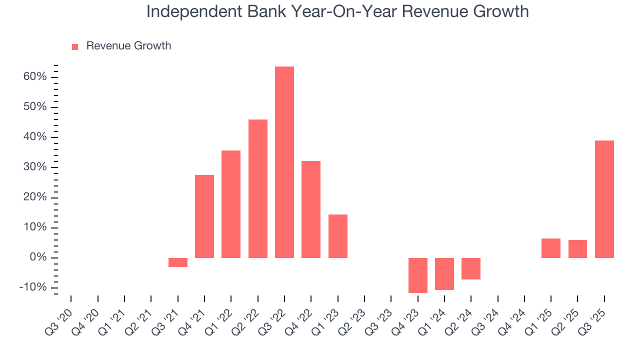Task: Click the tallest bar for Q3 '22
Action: (284, 162)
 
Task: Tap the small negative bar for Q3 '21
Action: (177, 262)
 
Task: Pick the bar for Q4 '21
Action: (204, 216)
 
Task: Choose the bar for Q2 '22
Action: (258, 188)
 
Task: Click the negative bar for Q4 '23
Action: (417, 275)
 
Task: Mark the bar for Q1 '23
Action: (338, 236)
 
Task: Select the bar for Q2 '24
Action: (471, 268)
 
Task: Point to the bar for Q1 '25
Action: (550, 248)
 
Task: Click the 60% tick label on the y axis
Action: (34, 77)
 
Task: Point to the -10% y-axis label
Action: (33, 287)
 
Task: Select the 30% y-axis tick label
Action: (34, 167)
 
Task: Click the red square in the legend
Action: (75, 46)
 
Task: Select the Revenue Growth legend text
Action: (128, 46)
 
